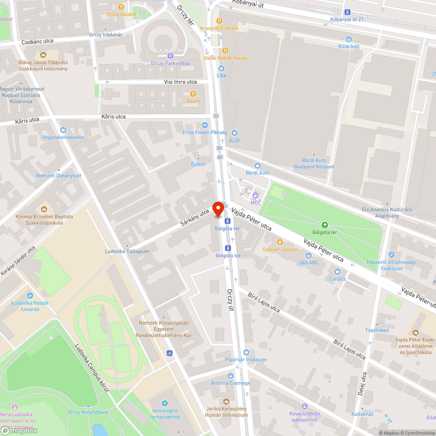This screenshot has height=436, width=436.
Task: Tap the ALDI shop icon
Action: point(235,133)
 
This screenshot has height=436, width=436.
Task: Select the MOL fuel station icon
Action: point(255,195)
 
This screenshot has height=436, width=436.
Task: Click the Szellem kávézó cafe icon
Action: point(279,242)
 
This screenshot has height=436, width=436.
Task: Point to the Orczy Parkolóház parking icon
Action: point(170,56)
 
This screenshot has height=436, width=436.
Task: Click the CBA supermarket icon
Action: point(221,68)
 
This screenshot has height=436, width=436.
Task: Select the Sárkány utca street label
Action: point(195,218)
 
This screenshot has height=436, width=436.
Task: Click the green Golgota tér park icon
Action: point(324,225)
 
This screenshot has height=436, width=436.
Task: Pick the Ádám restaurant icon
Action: point(193,94)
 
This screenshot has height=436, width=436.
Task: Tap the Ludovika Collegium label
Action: point(127,251)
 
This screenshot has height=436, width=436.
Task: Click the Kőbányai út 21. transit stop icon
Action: point(347,13)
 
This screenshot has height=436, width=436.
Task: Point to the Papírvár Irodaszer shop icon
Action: point(246,352)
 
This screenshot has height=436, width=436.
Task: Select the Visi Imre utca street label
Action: point(180,82)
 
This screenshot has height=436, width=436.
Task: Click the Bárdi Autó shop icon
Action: point(257,166)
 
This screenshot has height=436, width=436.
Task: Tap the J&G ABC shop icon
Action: point(308,255)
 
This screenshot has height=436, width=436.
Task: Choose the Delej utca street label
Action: point(361,384)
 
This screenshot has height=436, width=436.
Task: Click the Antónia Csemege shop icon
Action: point(231,375)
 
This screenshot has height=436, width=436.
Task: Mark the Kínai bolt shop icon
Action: point(349,39)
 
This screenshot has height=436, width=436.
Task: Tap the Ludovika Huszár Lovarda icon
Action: point(30,296)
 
